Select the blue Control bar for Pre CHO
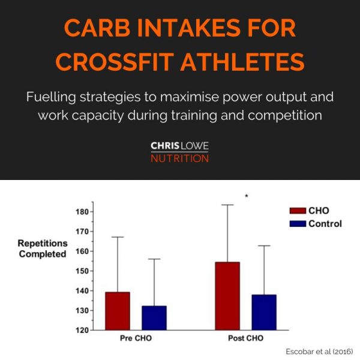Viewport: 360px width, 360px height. point(154,318)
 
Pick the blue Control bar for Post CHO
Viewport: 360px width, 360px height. point(264,312)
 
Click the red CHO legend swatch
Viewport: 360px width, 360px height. point(297,211)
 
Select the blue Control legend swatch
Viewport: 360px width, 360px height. point(297,223)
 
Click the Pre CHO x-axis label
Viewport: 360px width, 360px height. point(136,338)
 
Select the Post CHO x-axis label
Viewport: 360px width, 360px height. point(245,338)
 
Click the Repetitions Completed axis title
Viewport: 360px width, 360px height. point(42,248)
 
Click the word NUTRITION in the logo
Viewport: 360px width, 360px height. point(180,159)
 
